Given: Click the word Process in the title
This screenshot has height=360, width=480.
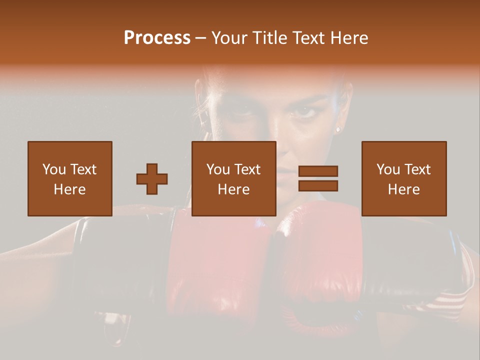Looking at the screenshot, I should tap(157, 38).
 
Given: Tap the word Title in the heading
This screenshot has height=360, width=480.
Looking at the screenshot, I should tap(270, 38).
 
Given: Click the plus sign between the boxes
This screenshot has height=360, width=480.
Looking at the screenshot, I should tap(152, 178).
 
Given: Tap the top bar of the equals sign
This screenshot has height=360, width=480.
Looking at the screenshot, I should tap(318, 171).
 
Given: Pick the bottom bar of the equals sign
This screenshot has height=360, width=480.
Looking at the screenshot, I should tap(318, 186).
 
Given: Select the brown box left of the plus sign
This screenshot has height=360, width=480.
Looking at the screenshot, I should tap(69, 178).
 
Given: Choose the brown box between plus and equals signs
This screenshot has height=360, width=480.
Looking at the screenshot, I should tap(233, 178).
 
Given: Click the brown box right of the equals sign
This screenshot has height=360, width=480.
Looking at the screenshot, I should tap(403, 178).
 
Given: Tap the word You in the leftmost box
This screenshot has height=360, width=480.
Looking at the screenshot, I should tap(54, 169).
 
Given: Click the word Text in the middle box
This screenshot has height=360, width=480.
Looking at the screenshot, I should tap(247, 169).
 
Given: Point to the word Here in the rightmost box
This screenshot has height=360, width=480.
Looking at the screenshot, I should tap(403, 189).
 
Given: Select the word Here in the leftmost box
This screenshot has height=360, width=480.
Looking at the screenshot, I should tap(69, 189).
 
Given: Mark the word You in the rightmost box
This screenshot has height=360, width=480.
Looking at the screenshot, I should tap(388, 169).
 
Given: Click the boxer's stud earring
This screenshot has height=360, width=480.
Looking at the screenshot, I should tap(337, 129).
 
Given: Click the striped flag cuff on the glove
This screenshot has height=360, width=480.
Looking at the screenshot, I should tap(447, 302).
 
